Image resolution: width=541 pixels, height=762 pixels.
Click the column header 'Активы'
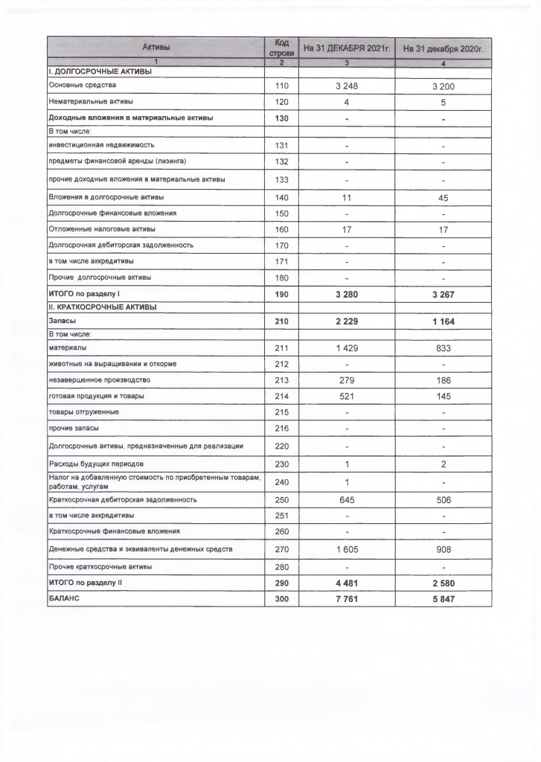(156, 47)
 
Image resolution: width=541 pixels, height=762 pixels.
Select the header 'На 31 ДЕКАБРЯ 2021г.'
(346, 48)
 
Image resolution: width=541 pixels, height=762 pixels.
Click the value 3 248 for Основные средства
(346, 86)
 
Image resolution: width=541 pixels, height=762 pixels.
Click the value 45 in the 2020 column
(443, 197)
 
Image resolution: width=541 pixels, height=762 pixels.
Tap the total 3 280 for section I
(346, 294)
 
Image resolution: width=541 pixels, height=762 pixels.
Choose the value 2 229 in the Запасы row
(346, 320)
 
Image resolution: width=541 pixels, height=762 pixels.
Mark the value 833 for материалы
(443, 348)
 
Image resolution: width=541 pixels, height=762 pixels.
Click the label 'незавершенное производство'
(96, 380)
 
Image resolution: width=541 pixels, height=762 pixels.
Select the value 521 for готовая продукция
(346, 396)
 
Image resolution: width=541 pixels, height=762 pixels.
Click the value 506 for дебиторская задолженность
(443, 500)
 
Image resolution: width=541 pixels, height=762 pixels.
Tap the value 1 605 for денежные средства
(346, 549)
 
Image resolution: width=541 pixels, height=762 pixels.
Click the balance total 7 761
(346, 598)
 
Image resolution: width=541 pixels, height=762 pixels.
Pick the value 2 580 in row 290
(443, 582)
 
